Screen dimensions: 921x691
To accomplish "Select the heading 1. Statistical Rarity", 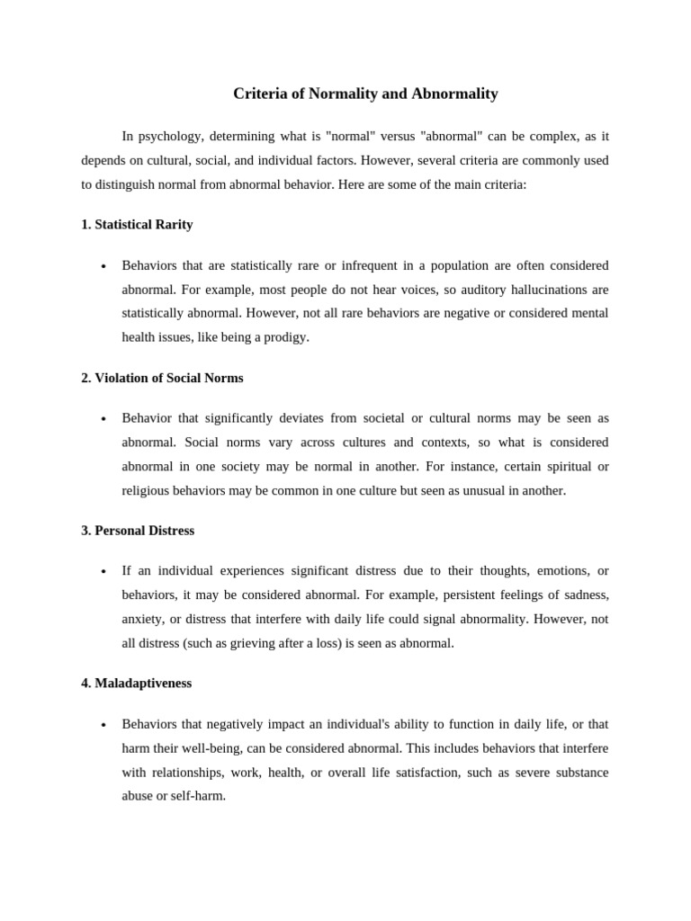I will (x=137, y=225).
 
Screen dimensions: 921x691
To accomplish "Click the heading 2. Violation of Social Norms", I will (x=162, y=378).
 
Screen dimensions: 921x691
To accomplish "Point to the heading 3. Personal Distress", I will (x=138, y=531).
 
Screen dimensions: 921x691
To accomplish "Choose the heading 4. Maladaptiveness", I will (x=136, y=684).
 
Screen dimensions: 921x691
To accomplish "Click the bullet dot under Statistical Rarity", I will (x=104, y=267).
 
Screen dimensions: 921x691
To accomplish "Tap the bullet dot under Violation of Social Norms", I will (x=104, y=420).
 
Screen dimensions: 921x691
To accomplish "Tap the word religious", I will (x=147, y=491).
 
